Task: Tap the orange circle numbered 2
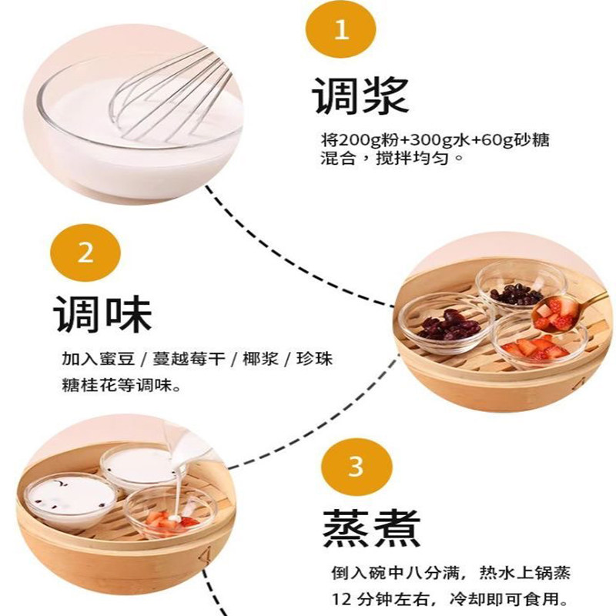click(85, 253)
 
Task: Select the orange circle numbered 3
click(357, 467)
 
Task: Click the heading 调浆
click(360, 95)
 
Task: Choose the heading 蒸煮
click(372, 527)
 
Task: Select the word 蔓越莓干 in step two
click(189, 359)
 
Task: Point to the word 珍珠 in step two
click(314, 359)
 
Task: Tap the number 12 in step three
click(341, 600)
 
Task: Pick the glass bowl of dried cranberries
click(447, 323)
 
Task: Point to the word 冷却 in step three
click(467, 600)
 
